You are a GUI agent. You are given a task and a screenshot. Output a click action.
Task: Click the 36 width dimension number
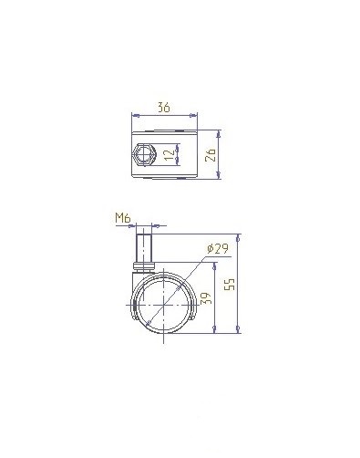click(164, 108)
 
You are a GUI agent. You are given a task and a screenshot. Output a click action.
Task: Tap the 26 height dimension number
click(211, 155)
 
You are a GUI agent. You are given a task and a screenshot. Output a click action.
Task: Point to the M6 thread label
click(123, 218)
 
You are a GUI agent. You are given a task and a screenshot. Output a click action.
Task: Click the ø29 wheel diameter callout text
click(218, 249)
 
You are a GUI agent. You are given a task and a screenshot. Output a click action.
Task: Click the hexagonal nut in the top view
click(144, 154)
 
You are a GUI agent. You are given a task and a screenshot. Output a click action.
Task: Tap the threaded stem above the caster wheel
click(143, 248)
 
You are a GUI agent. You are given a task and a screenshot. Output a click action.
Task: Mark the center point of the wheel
click(164, 305)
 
